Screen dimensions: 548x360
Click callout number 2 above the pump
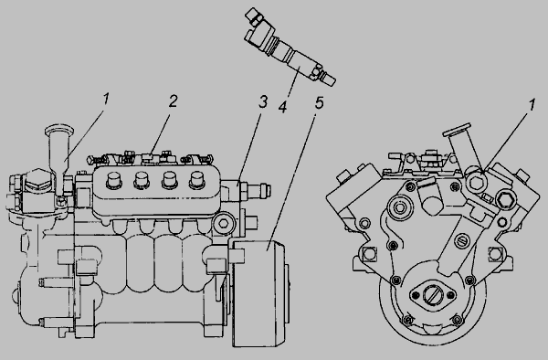pos(173,101)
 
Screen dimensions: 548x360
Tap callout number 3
pos(263,101)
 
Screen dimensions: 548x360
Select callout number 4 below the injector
pos(283,107)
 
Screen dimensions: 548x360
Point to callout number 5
pos(319,102)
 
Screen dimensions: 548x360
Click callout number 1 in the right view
pos(532,105)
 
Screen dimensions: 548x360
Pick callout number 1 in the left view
pos(106,99)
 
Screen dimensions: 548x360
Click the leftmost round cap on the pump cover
pos(113,180)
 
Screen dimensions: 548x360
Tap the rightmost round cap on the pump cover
pos(196,180)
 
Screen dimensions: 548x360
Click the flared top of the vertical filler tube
pos(59,130)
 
